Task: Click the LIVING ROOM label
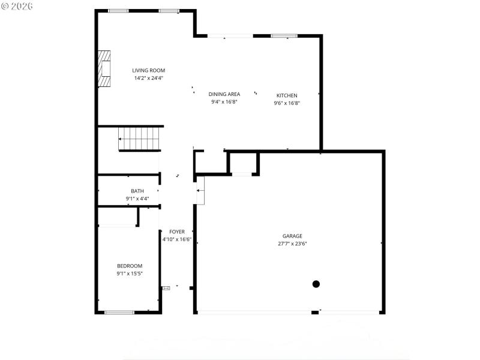click(x=148, y=70)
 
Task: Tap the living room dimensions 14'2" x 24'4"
click(x=148, y=78)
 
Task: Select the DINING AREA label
click(x=224, y=94)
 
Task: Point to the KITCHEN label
click(x=286, y=95)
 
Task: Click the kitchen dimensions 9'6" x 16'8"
click(x=286, y=103)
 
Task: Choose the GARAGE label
click(x=292, y=236)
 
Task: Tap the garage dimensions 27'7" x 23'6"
click(x=292, y=244)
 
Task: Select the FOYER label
click(x=176, y=232)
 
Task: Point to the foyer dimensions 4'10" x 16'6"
click(x=176, y=239)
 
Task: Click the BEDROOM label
click(x=129, y=266)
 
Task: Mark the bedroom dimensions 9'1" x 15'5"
click(x=129, y=274)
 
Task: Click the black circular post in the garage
click(x=316, y=284)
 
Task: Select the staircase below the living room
click(x=140, y=139)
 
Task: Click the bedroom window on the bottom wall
click(x=119, y=312)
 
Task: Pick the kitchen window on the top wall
click(x=284, y=36)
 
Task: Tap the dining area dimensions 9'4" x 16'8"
click(x=224, y=102)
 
